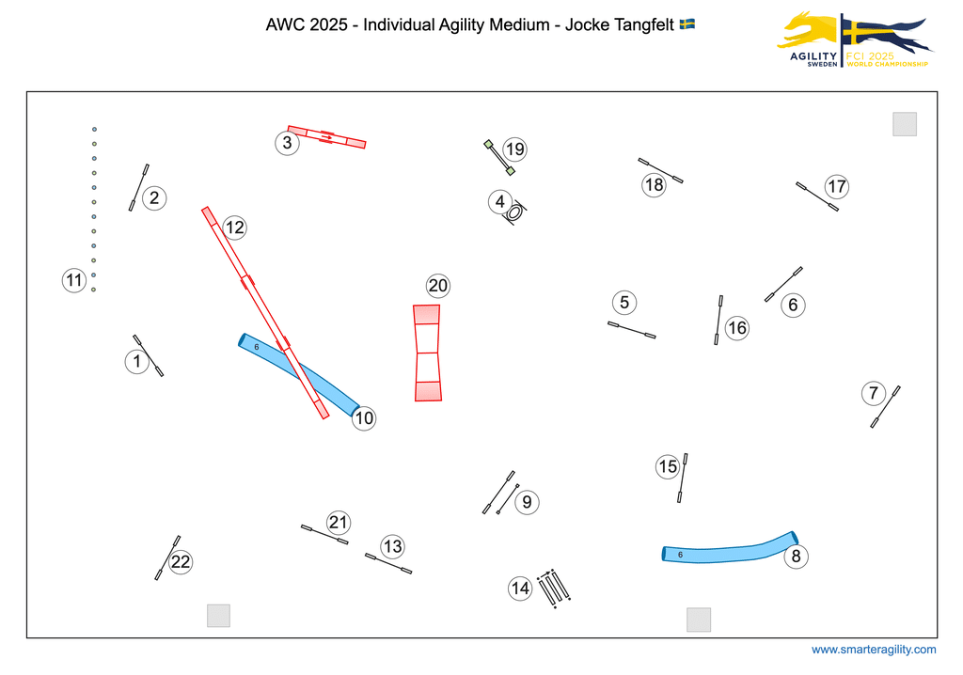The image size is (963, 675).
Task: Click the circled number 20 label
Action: pyautogui.click(x=437, y=286)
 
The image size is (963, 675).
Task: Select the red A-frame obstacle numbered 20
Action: pyautogui.click(x=427, y=353)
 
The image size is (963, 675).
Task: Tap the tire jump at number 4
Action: pyautogui.click(x=514, y=212)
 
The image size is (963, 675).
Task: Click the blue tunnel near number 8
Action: pyautogui.click(x=730, y=551)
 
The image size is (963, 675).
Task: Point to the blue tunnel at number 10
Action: pyautogui.click(x=299, y=373)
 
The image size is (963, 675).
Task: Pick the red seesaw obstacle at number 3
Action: pyautogui.click(x=326, y=137)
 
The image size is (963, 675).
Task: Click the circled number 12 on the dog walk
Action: pyautogui.click(x=234, y=228)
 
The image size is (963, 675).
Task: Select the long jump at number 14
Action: pyautogui.click(x=554, y=588)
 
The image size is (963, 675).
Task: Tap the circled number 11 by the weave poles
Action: pyautogui.click(x=74, y=279)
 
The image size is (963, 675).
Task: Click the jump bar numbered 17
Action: pyautogui.click(x=816, y=196)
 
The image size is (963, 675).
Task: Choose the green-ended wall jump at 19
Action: pyautogui.click(x=499, y=158)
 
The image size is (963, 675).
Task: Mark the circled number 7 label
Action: pyautogui.click(x=874, y=393)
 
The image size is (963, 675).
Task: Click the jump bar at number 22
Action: pyautogui.click(x=167, y=557)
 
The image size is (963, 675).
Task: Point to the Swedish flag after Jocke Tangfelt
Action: pyautogui.click(x=687, y=24)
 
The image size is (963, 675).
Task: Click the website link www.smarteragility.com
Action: pyautogui.click(x=874, y=650)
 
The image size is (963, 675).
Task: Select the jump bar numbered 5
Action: pyautogui.click(x=631, y=330)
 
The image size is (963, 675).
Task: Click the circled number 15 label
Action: pyautogui.click(x=668, y=466)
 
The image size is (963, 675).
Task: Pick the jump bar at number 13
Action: pyautogui.click(x=387, y=563)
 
